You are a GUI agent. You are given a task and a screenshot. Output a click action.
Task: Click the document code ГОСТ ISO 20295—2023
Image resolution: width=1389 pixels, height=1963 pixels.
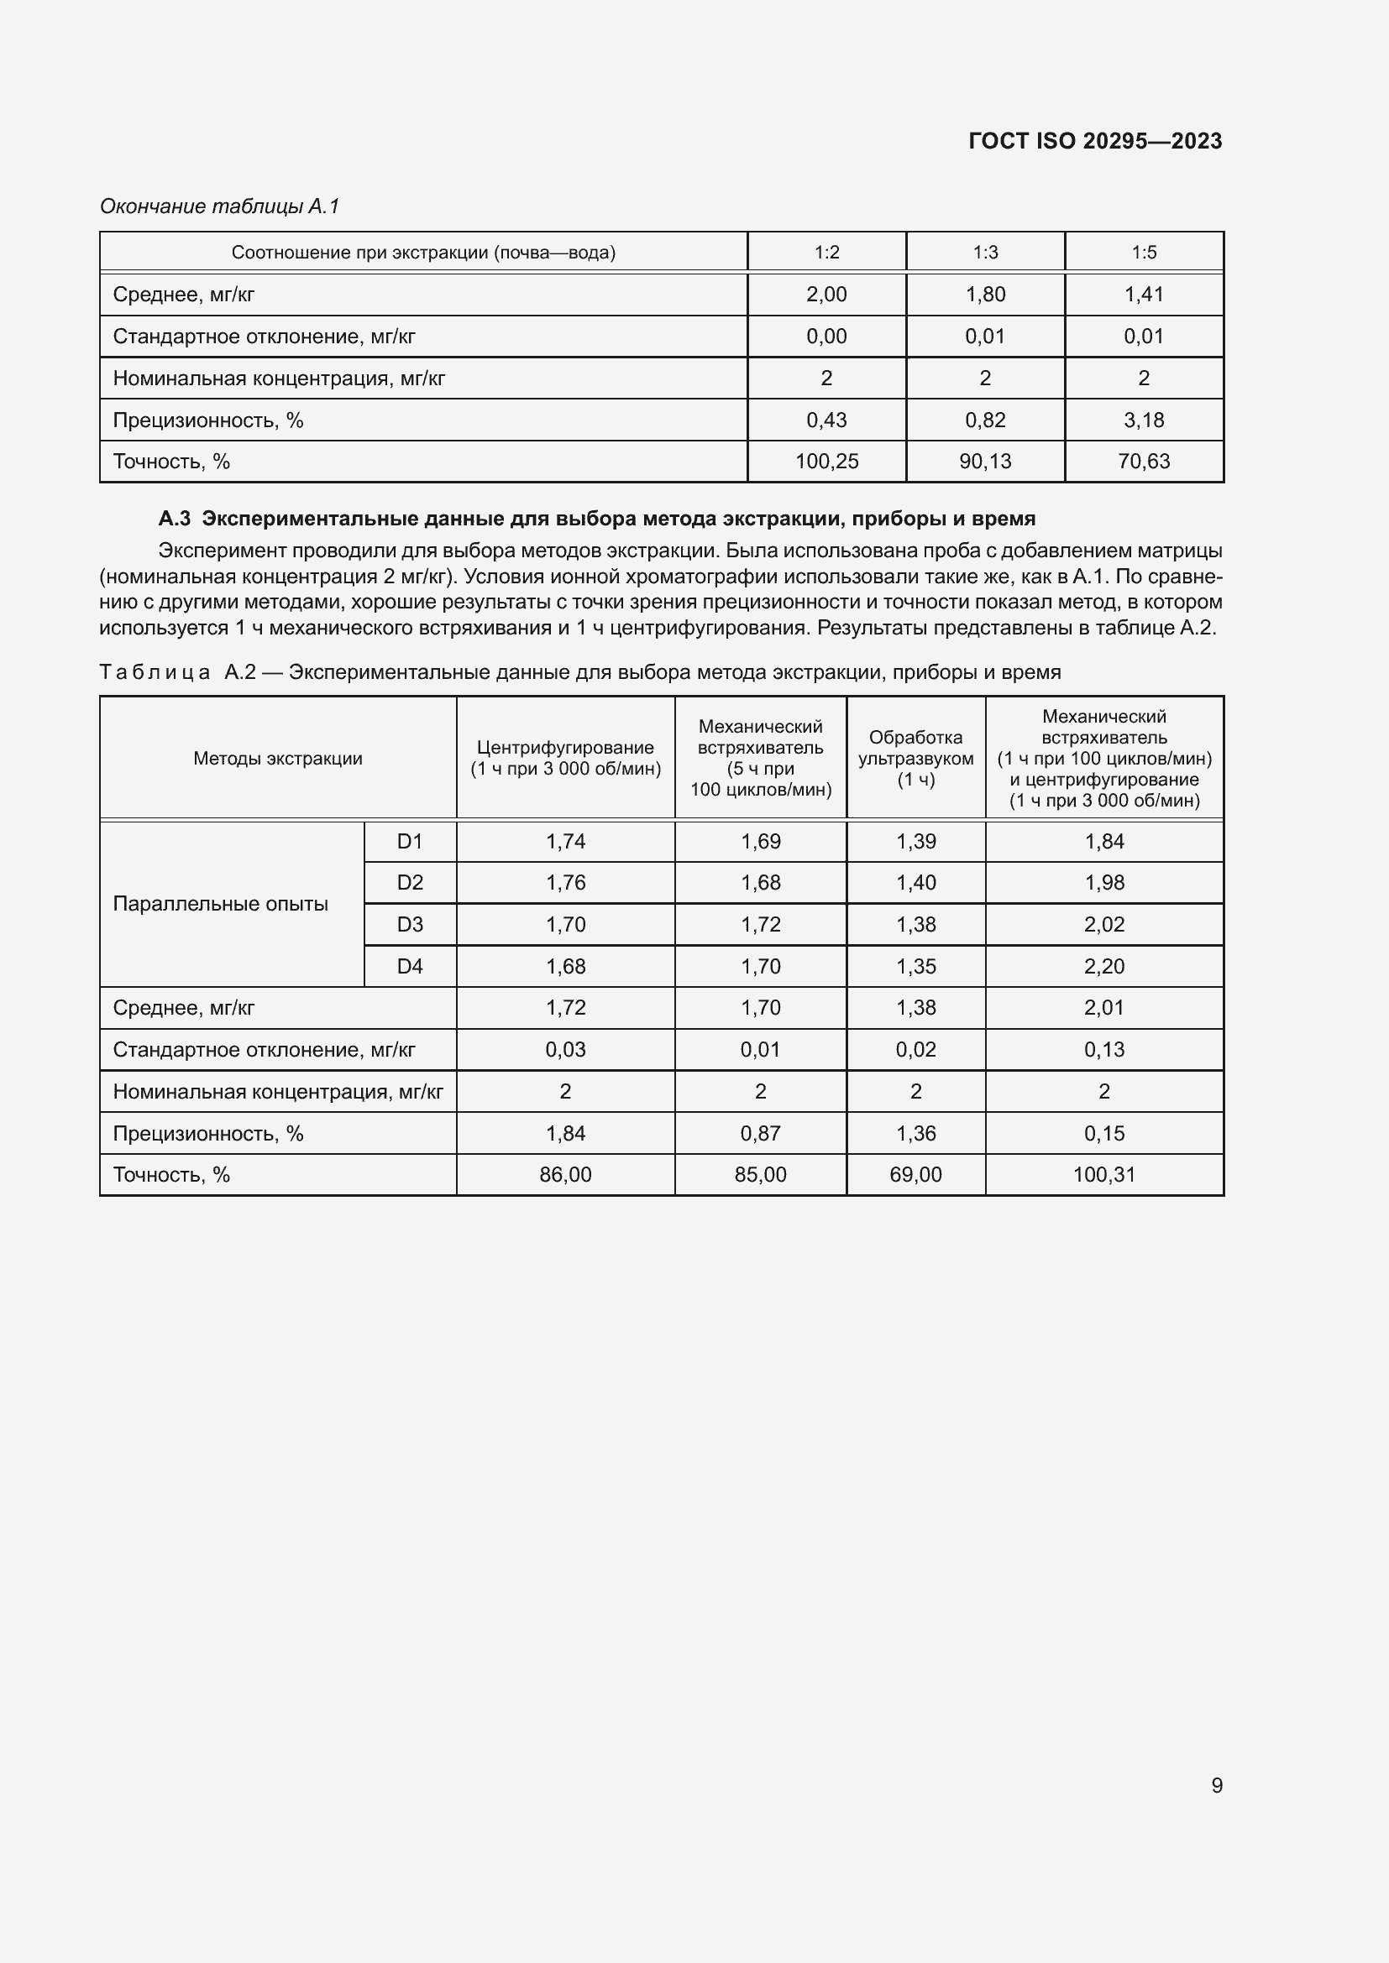1095,141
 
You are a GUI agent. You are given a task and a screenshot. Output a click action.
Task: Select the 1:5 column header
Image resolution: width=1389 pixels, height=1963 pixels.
1144,253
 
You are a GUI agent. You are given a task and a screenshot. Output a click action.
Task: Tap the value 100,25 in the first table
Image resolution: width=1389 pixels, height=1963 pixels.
826,462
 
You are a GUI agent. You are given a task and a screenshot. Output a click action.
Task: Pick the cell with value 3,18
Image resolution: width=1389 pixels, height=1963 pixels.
1144,420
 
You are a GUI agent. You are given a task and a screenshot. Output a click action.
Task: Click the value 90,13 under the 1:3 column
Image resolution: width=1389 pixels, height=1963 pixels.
984,462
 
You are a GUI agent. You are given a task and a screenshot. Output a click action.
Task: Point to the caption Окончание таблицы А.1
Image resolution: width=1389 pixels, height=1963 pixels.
220,206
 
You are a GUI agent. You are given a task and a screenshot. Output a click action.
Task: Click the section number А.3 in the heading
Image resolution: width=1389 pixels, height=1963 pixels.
175,519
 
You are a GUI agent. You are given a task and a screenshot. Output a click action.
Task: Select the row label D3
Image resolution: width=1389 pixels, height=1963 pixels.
410,924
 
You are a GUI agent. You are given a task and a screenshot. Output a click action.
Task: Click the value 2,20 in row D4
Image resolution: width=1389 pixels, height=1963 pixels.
1103,966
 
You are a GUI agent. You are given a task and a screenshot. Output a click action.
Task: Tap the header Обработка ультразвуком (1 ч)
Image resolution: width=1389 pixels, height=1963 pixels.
915,759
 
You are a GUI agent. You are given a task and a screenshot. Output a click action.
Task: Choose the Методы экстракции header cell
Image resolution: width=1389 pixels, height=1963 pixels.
278,759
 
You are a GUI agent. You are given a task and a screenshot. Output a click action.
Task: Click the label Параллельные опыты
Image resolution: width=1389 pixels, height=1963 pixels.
221,904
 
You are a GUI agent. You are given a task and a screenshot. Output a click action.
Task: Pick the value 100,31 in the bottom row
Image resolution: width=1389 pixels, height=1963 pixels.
1103,1175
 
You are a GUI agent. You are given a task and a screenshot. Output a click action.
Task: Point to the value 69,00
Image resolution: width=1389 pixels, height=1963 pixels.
915,1175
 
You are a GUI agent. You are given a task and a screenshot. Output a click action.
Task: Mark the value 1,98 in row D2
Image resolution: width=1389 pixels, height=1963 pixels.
1103,882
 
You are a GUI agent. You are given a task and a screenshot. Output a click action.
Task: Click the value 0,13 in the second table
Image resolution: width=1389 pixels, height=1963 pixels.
1103,1049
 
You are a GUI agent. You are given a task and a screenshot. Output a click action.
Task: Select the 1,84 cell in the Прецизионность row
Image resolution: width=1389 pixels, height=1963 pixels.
565,1133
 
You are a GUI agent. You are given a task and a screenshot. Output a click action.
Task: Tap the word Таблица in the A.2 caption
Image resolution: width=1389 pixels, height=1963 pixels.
155,672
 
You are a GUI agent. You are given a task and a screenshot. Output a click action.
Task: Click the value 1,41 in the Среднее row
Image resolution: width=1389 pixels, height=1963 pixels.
1144,294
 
